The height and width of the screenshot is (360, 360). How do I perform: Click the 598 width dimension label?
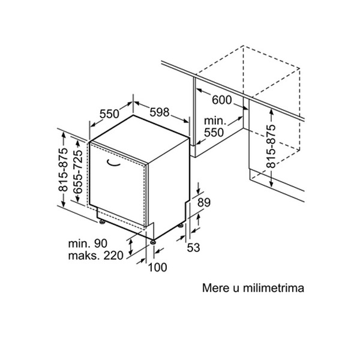tap(160, 112)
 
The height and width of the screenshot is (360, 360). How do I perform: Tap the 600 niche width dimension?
tap(222, 100)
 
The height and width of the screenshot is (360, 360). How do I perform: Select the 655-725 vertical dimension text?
tap(77, 172)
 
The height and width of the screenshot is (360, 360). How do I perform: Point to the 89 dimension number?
tap(204, 203)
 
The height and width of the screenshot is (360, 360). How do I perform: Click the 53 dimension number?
tap(193, 247)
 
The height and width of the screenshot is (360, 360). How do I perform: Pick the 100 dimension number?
tap(157, 267)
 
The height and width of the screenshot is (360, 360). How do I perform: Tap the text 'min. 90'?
tap(88, 244)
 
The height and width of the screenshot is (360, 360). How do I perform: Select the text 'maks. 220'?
tap(96, 256)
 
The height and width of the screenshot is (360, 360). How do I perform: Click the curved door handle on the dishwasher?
tap(113, 163)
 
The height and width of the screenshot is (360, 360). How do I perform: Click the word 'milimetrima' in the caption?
tap(274, 288)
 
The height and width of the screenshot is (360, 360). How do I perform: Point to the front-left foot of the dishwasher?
tap(102, 222)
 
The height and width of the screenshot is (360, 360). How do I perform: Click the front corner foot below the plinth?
tap(153, 242)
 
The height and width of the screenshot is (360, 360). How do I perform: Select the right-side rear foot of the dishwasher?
tap(181, 226)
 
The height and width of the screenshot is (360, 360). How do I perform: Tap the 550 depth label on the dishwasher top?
tap(109, 113)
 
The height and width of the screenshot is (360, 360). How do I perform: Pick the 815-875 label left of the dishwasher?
tap(63, 170)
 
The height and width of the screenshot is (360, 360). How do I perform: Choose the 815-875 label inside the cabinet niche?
tap(271, 146)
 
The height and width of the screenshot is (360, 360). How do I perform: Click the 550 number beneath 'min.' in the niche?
tap(214, 133)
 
